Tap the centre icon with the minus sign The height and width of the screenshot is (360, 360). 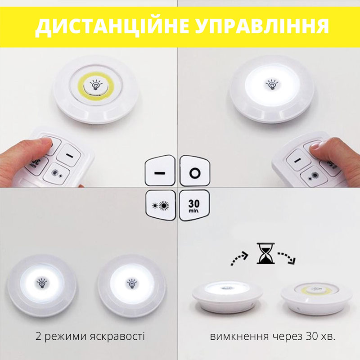click(x=160, y=171)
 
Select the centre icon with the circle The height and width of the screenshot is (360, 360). click(x=195, y=171)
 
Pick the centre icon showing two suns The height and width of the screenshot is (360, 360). click(x=161, y=205)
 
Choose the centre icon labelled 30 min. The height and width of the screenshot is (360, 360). click(x=194, y=205)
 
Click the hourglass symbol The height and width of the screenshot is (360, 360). click(x=265, y=253)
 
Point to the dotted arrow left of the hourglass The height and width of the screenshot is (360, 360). click(x=239, y=258)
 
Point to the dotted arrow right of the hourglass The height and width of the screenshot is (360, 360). click(x=287, y=257)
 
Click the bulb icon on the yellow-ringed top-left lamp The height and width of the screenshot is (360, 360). click(x=96, y=85)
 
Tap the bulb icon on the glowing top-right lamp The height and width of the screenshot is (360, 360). click(x=272, y=84)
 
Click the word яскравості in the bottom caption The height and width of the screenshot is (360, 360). click(x=117, y=336)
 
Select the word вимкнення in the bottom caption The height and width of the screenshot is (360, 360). click(x=239, y=337)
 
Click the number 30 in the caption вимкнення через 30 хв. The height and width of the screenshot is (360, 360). click(x=311, y=337)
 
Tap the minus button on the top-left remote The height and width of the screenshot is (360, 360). click(x=69, y=155)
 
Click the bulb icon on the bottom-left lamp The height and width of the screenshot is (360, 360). click(x=42, y=283)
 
